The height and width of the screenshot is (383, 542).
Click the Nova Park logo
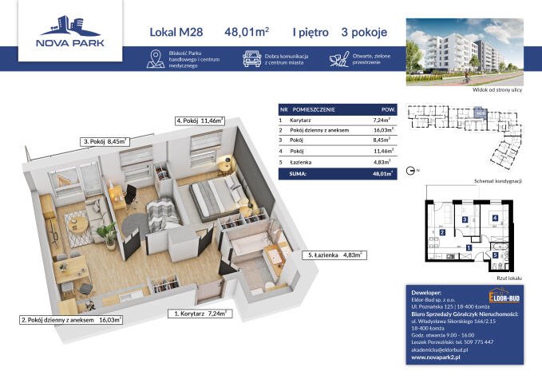(x=71, y=32)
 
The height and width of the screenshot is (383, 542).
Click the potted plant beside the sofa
(x=105, y=233)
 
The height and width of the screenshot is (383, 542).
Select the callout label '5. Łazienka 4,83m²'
(x=335, y=255)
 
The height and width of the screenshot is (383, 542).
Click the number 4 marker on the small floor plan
(x=495, y=217)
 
